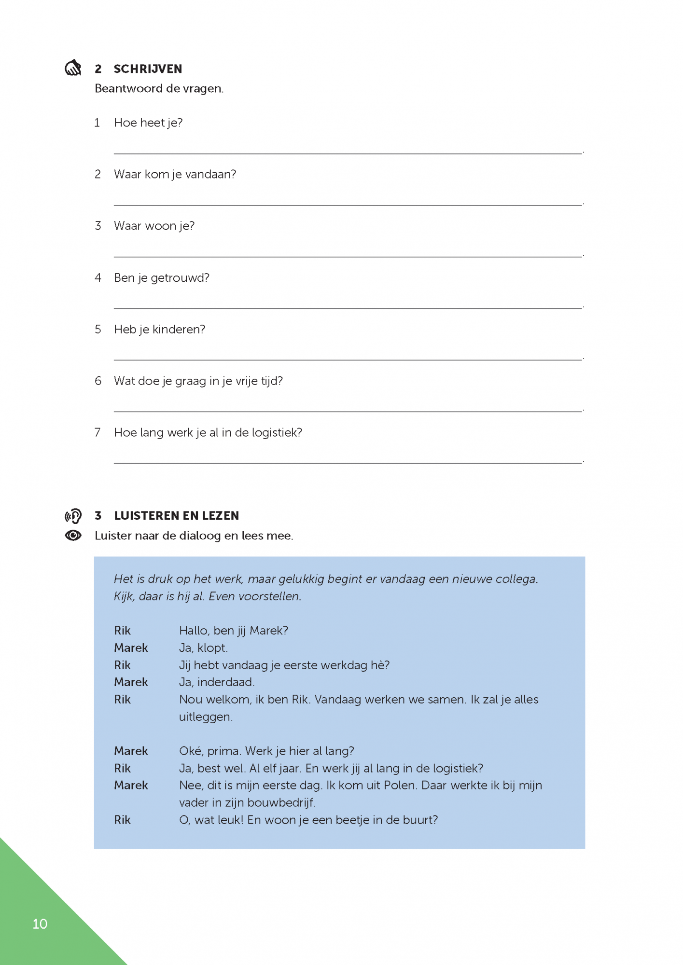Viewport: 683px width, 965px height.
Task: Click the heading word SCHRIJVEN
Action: pyautogui.click(x=148, y=69)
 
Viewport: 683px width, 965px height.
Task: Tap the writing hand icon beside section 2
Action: pyautogui.click(x=73, y=68)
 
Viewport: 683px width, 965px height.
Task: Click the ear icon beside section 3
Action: pyautogui.click(x=73, y=516)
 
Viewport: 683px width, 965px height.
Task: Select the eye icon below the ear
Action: pyautogui.click(x=73, y=536)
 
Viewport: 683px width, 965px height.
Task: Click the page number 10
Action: pyautogui.click(x=40, y=924)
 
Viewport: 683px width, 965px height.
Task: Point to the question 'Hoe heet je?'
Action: pyautogui.click(x=148, y=123)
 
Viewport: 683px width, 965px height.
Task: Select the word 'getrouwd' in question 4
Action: pyautogui.click(x=180, y=278)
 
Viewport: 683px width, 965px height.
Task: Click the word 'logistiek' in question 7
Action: pyautogui.click(x=277, y=433)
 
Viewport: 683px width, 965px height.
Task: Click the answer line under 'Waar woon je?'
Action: pyautogui.click(x=348, y=256)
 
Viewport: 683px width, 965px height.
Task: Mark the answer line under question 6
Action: pyautogui.click(x=348, y=411)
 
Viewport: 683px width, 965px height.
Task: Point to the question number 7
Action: pyautogui.click(x=98, y=432)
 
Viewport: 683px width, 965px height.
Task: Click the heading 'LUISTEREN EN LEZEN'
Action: pyautogui.click(x=176, y=516)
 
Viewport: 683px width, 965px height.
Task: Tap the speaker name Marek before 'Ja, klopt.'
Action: pyautogui.click(x=131, y=648)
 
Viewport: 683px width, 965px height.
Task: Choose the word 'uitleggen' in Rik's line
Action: pyautogui.click(x=205, y=717)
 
